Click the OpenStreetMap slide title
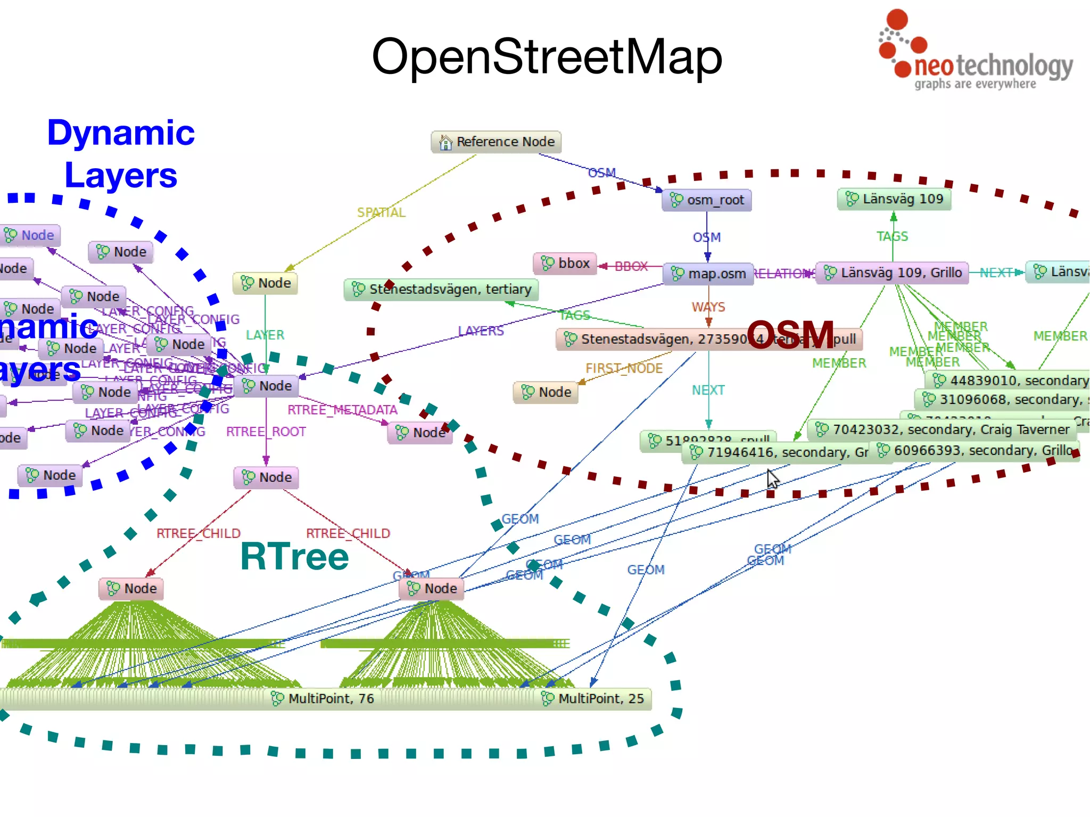(x=547, y=56)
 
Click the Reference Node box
(x=496, y=142)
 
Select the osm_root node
(x=707, y=200)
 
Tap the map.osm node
(x=708, y=274)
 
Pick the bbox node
(x=565, y=263)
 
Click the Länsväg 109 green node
(x=894, y=199)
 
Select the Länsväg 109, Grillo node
(x=893, y=273)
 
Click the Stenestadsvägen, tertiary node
(x=441, y=290)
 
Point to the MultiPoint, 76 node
(x=323, y=698)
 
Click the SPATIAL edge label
(x=381, y=213)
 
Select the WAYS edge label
(x=708, y=307)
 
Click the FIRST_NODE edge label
(x=624, y=368)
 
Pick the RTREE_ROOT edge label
(x=266, y=432)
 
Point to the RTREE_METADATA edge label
(x=342, y=410)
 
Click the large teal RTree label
(x=294, y=557)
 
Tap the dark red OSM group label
(x=790, y=335)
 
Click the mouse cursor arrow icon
(x=773, y=479)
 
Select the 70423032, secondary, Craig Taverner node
(x=942, y=430)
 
